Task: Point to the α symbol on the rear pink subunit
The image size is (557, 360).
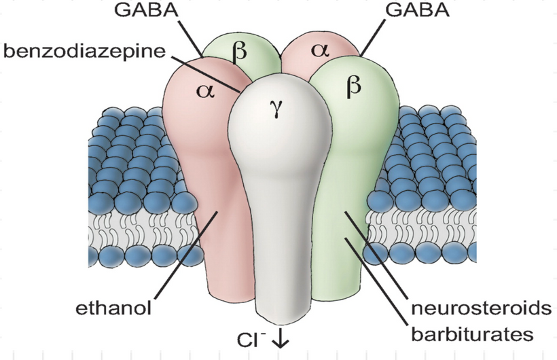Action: (x=319, y=50)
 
